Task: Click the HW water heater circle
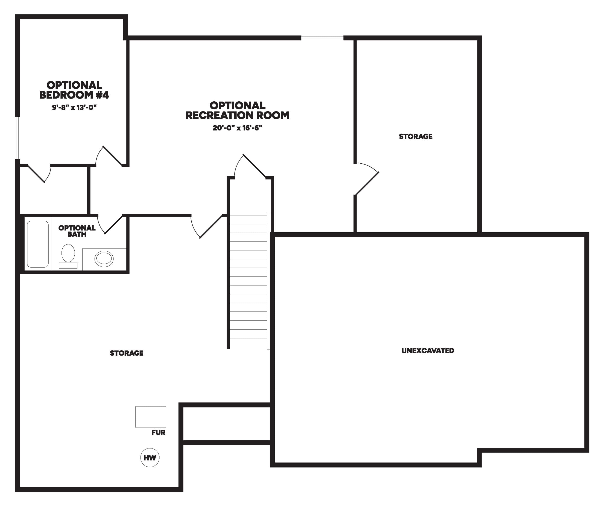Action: (150, 457)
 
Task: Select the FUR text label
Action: (159, 432)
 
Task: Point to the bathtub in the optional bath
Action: (38, 244)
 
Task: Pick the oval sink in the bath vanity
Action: (104, 259)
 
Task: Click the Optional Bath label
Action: (77, 231)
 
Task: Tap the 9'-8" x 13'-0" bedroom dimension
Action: (74, 108)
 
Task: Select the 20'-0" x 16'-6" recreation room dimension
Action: (237, 128)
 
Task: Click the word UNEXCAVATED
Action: (428, 350)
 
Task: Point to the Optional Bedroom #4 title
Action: (74, 90)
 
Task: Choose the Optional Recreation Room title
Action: (237, 110)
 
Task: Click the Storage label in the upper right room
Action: (416, 136)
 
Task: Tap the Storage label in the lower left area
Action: (127, 353)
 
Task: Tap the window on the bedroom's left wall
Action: (17, 138)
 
